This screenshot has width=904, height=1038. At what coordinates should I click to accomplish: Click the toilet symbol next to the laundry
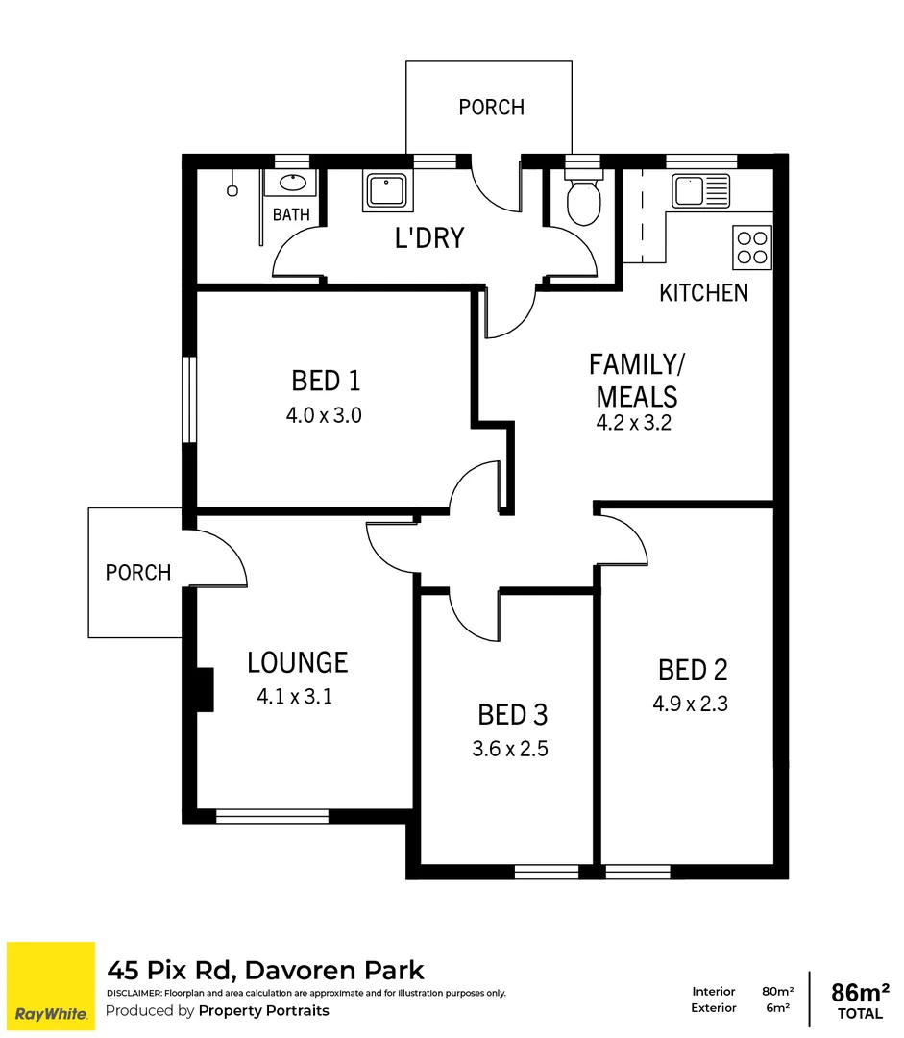click(x=583, y=199)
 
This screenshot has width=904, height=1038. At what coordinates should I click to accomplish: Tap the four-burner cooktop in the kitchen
click(x=751, y=246)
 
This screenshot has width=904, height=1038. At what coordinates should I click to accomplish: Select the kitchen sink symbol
click(x=700, y=191)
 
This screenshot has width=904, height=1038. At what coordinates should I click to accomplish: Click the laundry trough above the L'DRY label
click(x=388, y=191)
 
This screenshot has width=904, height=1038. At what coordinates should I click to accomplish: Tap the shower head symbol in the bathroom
click(x=232, y=190)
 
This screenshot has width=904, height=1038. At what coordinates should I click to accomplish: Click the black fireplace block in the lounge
click(x=203, y=689)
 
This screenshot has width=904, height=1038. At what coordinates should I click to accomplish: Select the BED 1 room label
click(x=326, y=382)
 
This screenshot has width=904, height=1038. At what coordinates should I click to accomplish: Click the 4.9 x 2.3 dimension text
click(x=690, y=704)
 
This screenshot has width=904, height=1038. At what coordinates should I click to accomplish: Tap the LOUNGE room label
click(x=297, y=662)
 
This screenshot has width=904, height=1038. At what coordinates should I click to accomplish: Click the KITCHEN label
click(x=703, y=293)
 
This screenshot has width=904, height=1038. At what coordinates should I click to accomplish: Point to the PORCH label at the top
click(x=491, y=108)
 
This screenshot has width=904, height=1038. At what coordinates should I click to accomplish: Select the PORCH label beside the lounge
click(x=138, y=573)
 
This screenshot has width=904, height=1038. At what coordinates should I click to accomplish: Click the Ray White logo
click(x=51, y=985)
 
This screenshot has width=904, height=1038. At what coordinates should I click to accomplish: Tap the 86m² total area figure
click(x=860, y=992)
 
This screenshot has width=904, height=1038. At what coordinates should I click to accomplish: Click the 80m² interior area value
click(x=777, y=991)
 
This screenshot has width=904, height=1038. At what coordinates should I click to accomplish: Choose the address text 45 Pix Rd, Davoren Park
click(x=265, y=970)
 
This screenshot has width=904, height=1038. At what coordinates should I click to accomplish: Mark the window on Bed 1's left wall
click(x=190, y=400)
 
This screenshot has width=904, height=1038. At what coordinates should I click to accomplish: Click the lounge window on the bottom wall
click(x=272, y=816)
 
